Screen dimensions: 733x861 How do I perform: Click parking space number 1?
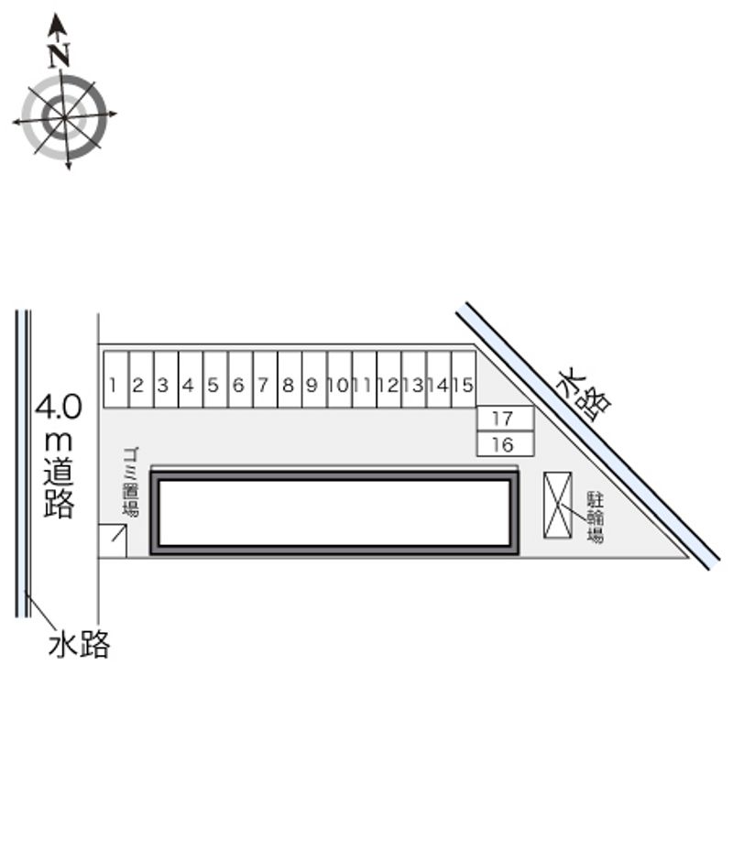click(116, 379)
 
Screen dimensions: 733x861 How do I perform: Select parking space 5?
click(215, 379)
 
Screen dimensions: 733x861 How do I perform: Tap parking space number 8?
click(290, 379)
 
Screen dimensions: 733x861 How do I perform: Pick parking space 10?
click(340, 379)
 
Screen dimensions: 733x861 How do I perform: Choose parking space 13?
click(414, 379)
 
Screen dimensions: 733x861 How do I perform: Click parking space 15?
click(464, 379)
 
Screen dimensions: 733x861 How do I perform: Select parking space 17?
click(505, 419)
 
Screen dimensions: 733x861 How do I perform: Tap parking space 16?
click(505, 443)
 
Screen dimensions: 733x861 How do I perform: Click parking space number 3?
click(166, 379)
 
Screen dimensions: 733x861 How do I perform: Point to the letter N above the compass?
click(59, 56)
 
